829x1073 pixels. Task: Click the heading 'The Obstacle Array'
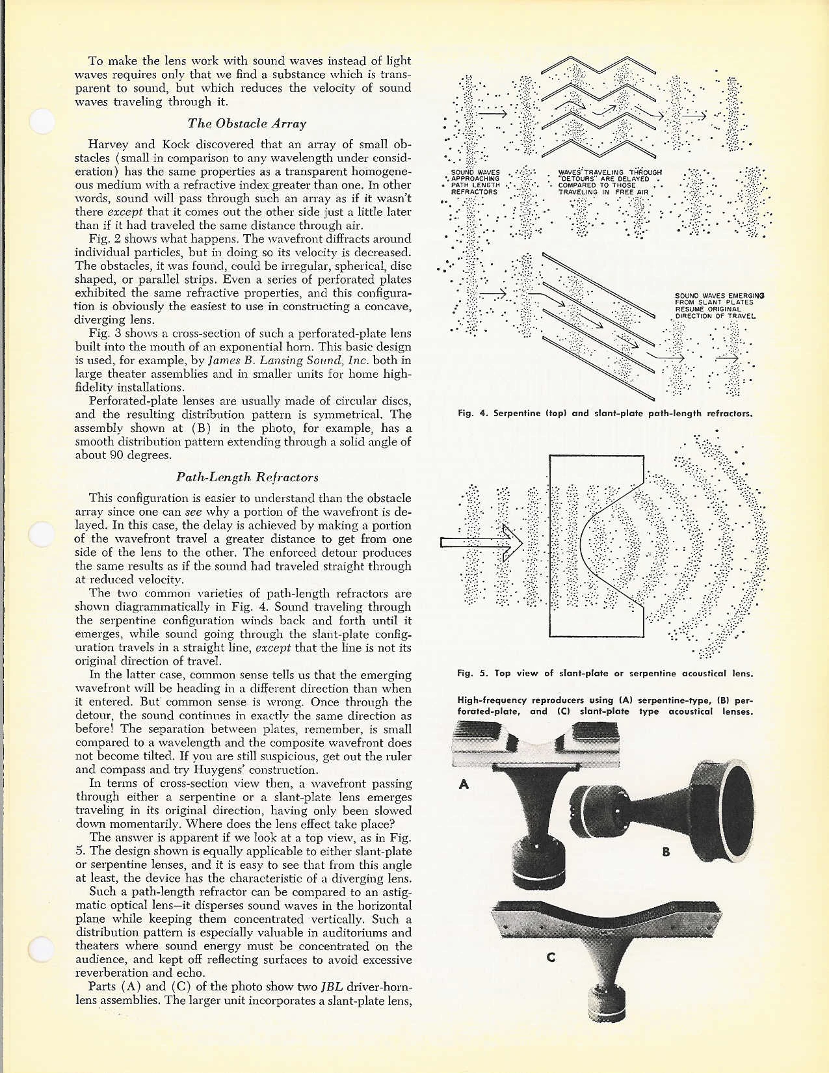[x=246, y=124]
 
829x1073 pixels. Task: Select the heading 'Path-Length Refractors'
[x=247, y=477]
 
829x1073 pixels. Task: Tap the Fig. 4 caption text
[x=605, y=413]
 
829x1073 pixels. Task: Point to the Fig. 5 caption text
[x=605, y=673]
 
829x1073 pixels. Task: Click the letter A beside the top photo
[x=464, y=784]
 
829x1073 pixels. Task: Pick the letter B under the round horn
[x=666, y=851]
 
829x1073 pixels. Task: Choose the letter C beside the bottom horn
[x=551, y=957]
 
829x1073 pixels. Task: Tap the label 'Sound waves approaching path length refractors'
[x=475, y=183]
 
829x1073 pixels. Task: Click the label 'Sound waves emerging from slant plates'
[x=715, y=306]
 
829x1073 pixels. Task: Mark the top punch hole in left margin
[x=42, y=121]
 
